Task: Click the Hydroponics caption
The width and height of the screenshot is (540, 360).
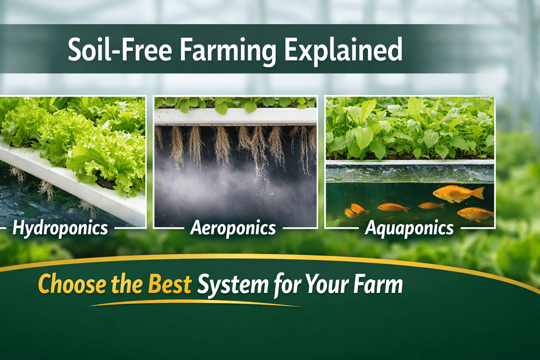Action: coord(60,228)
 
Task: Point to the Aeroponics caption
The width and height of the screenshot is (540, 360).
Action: coord(233,228)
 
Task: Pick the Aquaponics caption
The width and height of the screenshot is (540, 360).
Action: coord(409,228)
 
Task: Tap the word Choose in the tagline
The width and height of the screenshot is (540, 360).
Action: coord(72,284)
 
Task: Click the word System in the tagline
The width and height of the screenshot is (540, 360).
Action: coord(233,285)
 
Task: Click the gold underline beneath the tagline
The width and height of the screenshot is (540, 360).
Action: coord(195,303)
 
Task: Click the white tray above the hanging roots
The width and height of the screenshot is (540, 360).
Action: coord(236,116)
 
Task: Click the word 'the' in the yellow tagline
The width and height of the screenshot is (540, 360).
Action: coord(127,284)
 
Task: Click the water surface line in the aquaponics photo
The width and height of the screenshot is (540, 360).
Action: coord(410,163)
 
